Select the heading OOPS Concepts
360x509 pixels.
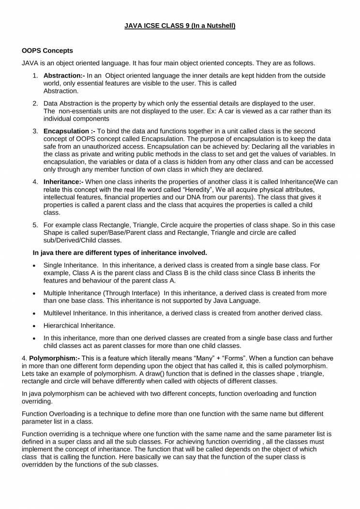(47, 51)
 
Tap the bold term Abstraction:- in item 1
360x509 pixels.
(64, 76)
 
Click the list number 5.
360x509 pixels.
(35, 225)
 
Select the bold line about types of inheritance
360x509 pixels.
(120, 253)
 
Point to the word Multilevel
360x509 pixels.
(60, 313)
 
